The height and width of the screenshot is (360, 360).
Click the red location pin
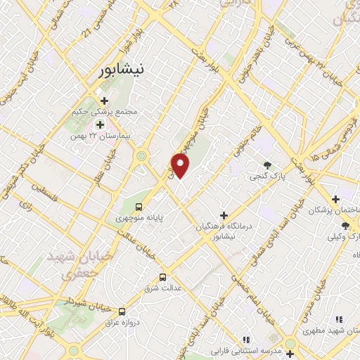(x=181, y=166)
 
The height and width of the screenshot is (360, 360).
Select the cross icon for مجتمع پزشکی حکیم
(x=105, y=100)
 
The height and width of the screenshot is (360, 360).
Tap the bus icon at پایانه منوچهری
(x=139, y=207)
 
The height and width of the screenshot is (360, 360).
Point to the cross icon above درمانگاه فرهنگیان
(x=224, y=214)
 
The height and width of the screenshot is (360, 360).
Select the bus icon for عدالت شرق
(x=163, y=276)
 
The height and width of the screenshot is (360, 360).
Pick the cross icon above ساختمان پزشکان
(x=336, y=198)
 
